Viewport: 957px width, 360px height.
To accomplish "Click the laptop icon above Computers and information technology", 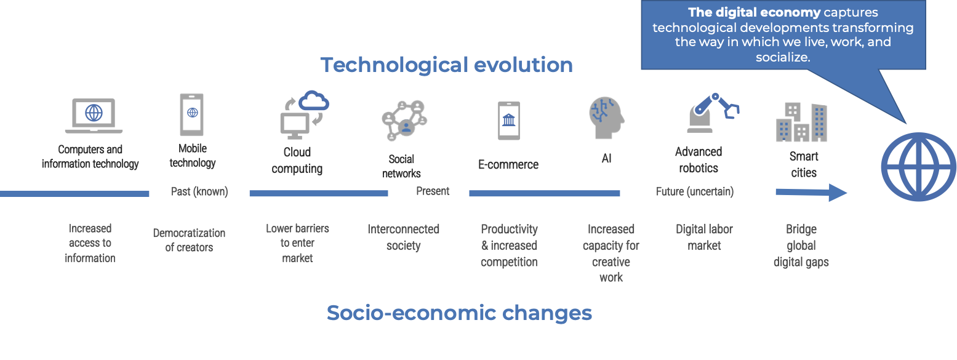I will [x=94, y=116].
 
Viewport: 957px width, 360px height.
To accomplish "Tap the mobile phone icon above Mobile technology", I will [x=192, y=114].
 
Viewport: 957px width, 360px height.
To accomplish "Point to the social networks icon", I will [x=404, y=120].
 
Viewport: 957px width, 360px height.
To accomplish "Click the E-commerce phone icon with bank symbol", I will [x=508, y=120].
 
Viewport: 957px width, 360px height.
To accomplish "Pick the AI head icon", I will [x=606, y=118].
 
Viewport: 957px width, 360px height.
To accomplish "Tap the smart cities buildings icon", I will [x=801, y=122].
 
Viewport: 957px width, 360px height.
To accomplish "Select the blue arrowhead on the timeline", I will [x=836, y=193].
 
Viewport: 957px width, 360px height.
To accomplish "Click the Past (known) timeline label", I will [x=199, y=192].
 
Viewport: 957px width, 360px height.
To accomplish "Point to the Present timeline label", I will [x=433, y=191].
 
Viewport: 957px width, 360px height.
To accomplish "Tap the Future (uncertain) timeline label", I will [x=695, y=192].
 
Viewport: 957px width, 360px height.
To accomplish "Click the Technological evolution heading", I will [x=446, y=65].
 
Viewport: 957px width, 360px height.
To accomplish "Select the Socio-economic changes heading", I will [x=459, y=313].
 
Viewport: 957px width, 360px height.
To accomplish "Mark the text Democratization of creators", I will [x=189, y=240].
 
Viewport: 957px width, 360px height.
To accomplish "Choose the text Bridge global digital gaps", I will [x=801, y=246].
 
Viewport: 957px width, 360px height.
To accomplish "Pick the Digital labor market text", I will [x=704, y=237].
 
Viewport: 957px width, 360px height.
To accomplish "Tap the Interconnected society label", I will [x=403, y=237].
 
